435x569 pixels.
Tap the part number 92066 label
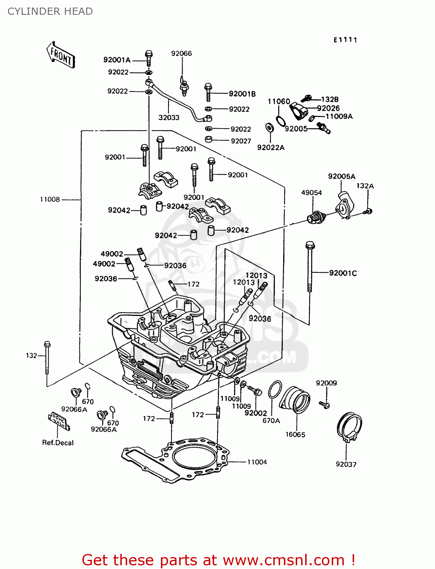pyautogui.click(x=181, y=53)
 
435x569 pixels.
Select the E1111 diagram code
pyautogui.click(x=345, y=40)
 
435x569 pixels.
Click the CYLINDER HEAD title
pyautogui.click(x=50, y=11)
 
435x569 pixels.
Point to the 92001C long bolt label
pyautogui.click(x=343, y=273)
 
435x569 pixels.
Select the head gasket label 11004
pyautogui.click(x=257, y=462)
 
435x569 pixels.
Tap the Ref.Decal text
pyautogui.click(x=58, y=443)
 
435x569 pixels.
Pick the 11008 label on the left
pyautogui.click(x=50, y=200)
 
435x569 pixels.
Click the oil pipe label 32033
pyautogui.click(x=169, y=118)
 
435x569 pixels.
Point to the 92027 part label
pyautogui.click(x=241, y=141)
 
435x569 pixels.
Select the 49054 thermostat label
pyautogui.click(x=312, y=193)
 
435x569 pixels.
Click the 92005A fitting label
pyautogui.click(x=342, y=176)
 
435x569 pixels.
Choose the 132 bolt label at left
pyautogui.click(x=32, y=355)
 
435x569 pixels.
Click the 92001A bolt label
pyautogui.click(x=117, y=60)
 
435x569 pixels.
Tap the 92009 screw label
pyautogui.click(x=326, y=383)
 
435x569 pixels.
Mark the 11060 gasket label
pyautogui.click(x=279, y=101)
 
